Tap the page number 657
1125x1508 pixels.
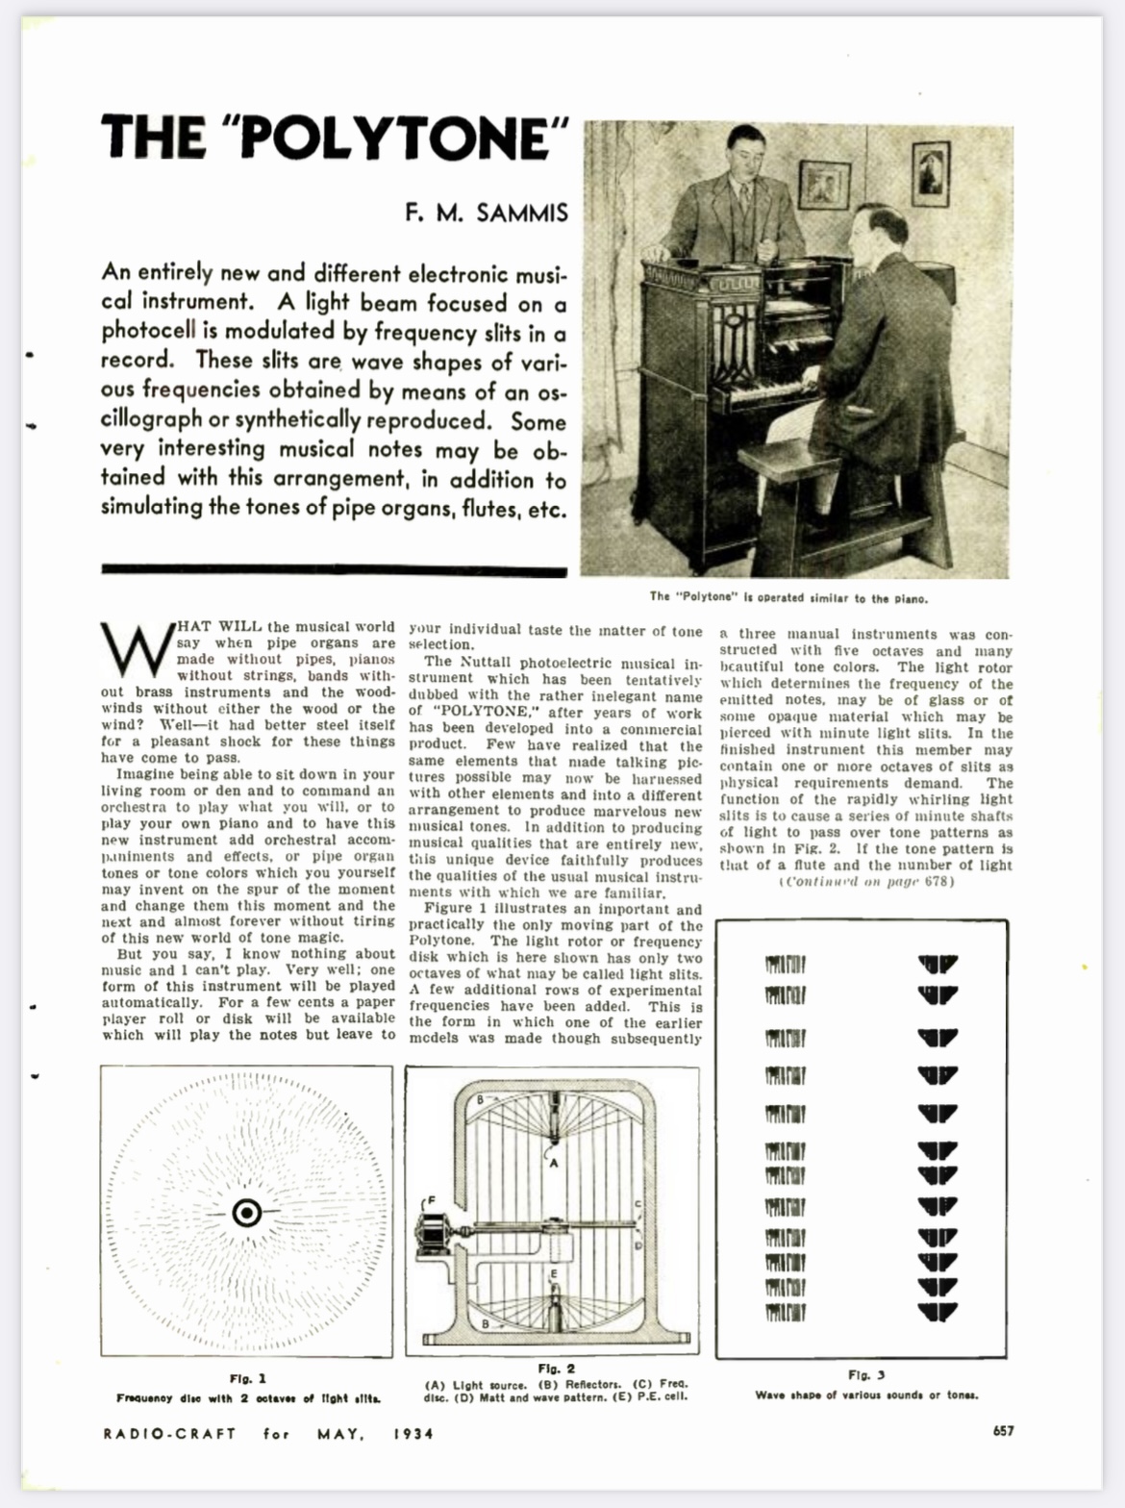(x=1003, y=1431)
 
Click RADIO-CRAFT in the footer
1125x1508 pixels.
(x=169, y=1434)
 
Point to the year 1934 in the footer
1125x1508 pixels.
(x=412, y=1434)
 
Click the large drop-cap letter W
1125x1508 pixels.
(x=136, y=651)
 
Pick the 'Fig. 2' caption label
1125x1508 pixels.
(x=556, y=1369)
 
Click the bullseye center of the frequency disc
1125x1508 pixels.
(x=247, y=1213)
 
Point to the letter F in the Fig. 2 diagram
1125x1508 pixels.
(x=431, y=1200)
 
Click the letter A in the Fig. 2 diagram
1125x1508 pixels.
(x=553, y=1163)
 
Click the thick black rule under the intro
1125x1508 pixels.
(x=334, y=570)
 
